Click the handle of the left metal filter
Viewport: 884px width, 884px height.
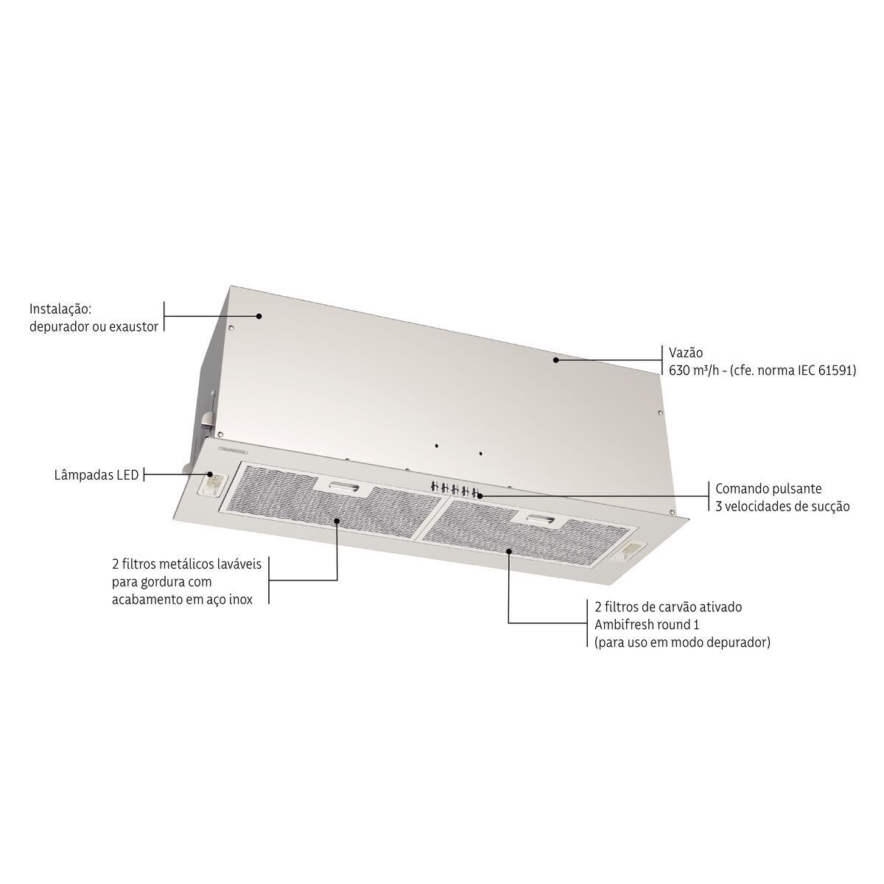[341, 487]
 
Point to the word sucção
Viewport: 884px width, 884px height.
[828, 506]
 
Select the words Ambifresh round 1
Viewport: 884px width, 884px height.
[646, 625]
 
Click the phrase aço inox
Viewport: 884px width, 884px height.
[225, 600]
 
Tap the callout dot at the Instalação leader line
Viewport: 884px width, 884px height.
[259, 316]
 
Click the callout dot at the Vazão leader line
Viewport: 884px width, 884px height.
[556, 360]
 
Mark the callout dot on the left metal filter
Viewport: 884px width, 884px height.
[337, 520]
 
